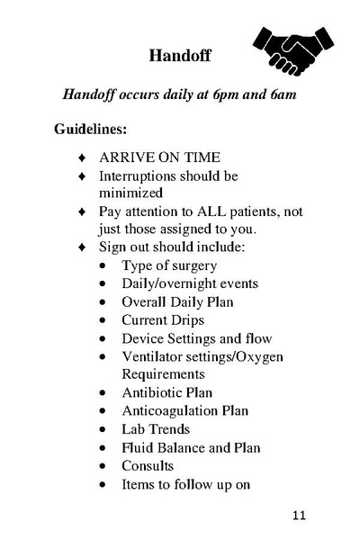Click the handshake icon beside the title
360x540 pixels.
click(294, 51)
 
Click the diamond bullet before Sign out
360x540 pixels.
click(81, 247)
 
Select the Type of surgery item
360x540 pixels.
click(169, 265)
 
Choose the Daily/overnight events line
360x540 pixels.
click(190, 283)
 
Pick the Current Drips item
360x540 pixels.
click(163, 319)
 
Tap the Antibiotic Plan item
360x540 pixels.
click(167, 392)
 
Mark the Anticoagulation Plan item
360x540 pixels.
click(184, 410)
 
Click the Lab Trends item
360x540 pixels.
click(156, 429)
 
